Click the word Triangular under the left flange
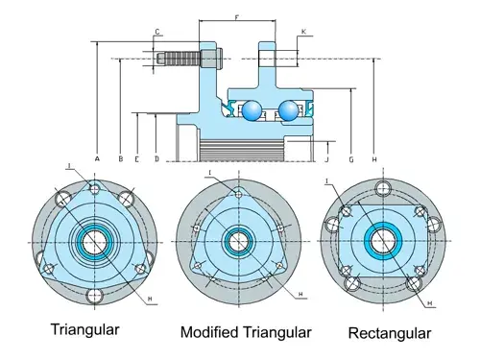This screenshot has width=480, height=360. pyautogui.click(x=84, y=329)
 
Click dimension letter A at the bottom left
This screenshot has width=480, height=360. pyautogui.click(x=98, y=156)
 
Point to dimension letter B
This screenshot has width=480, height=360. pyautogui.click(x=120, y=156)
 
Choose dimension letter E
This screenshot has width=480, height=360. pyautogui.click(x=138, y=156)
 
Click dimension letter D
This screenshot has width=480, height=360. pyautogui.click(x=156, y=156)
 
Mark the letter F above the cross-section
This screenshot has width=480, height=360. pyautogui.click(x=237, y=17)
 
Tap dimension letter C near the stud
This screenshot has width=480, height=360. pyautogui.click(x=156, y=33)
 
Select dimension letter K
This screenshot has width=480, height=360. pyautogui.click(x=302, y=32)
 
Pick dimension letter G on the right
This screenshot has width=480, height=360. pyautogui.click(x=351, y=156)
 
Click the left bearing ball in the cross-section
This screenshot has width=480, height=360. pyautogui.click(x=253, y=111)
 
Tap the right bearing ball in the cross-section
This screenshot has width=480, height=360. pyautogui.click(x=289, y=111)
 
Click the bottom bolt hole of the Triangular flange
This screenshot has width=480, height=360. pyautogui.click(x=95, y=295)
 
